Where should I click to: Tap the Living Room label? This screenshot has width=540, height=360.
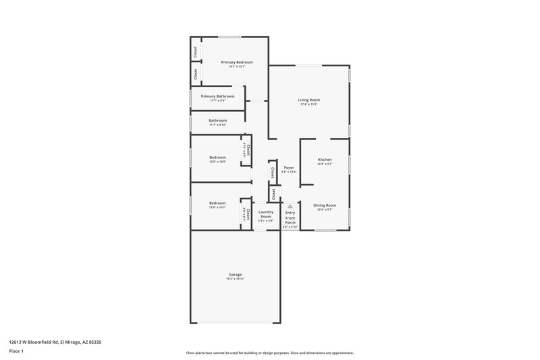point(308,100)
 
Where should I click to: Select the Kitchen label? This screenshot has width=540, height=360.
point(325,159)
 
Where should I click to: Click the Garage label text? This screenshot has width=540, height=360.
point(235,274)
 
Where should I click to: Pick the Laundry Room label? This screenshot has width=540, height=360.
point(266,213)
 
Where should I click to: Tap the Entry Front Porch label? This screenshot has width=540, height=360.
point(290,217)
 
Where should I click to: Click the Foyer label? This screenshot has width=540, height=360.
point(289,167)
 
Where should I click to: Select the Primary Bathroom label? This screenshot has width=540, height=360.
point(217,96)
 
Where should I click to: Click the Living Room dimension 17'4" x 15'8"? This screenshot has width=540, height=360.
point(308,105)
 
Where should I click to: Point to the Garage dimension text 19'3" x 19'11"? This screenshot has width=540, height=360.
point(235,278)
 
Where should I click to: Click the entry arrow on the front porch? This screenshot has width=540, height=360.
point(290,206)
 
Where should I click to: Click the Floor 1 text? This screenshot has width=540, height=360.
point(16,351)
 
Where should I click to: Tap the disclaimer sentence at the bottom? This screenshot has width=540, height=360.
point(269,353)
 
